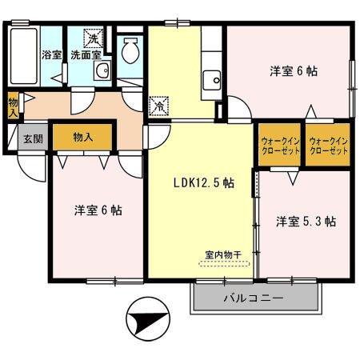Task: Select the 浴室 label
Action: (x=50, y=55)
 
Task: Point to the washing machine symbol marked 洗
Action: (x=94, y=38)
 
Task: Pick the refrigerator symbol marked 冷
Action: (x=159, y=105)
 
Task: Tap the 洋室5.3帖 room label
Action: (x=306, y=221)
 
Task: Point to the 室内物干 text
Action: (x=226, y=257)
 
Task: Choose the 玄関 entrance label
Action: (x=31, y=137)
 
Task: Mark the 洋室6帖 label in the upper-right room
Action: (x=292, y=71)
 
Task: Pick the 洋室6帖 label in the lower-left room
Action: (x=98, y=210)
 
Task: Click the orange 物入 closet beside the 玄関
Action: (x=83, y=137)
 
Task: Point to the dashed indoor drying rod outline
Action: (x=226, y=265)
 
